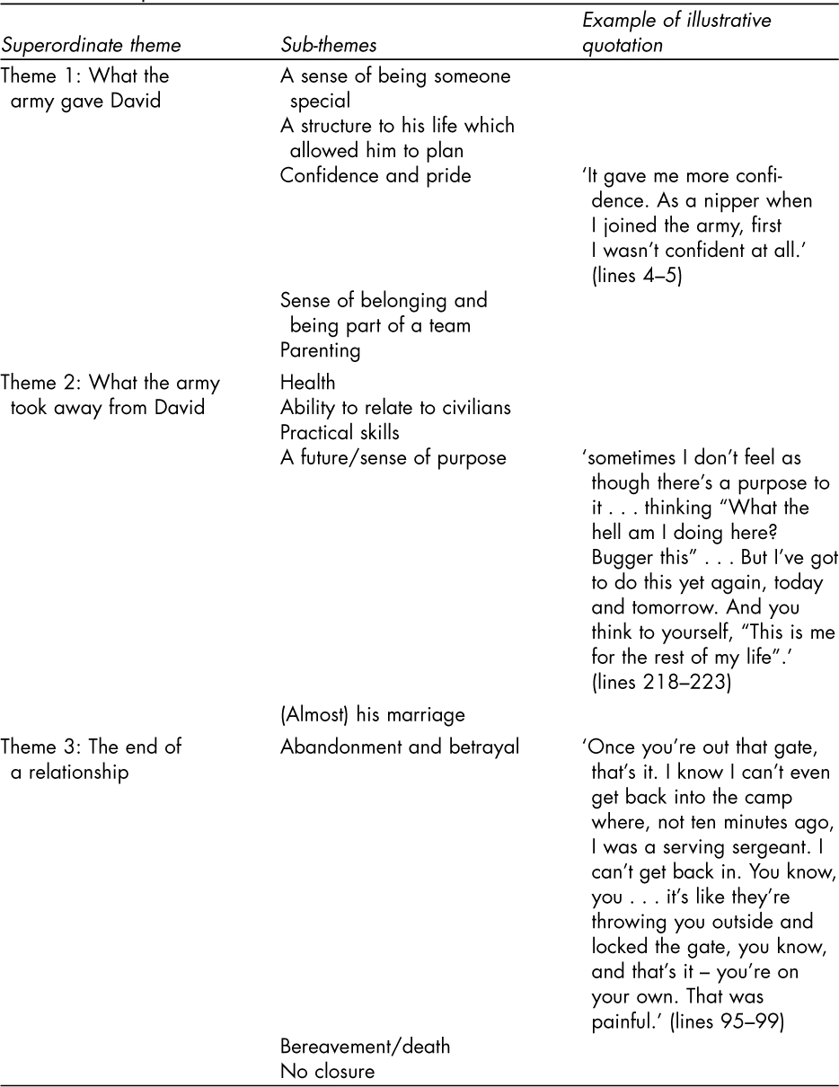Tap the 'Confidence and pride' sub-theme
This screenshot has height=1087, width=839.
pyautogui.click(x=375, y=176)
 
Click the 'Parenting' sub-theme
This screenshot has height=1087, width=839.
pyautogui.click(x=321, y=349)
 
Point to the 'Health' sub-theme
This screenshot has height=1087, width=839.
pyautogui.click(x=307, y=384)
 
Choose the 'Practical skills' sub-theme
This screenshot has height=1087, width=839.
pyautogui.click(x=340, y=433)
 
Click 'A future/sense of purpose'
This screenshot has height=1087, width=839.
pyautogui.click(x=393, y=458)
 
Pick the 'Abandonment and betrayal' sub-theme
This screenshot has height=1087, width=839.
pyautogui.click(x=400, y=747)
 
